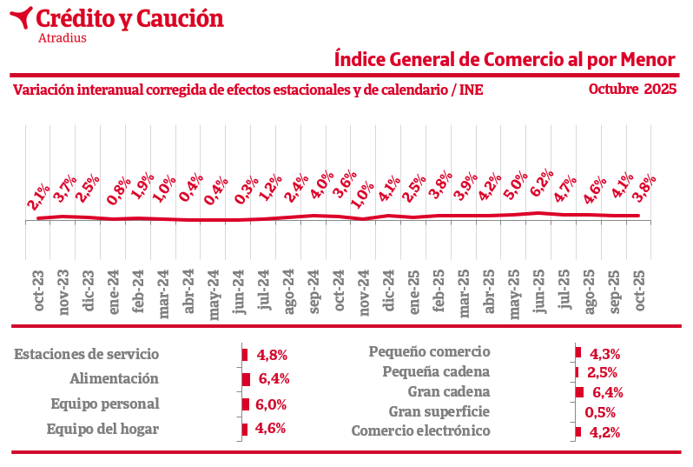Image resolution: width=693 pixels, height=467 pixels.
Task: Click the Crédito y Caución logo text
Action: coord(130,17)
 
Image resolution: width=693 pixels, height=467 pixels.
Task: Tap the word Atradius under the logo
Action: coord(63,37)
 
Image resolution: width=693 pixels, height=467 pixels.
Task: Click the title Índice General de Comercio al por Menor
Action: coord(505,59)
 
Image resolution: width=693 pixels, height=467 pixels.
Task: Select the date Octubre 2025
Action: coord(631,89)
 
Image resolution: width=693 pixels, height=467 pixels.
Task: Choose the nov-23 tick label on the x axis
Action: coord(63,296)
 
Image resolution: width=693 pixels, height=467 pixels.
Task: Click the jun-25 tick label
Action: coord(539,296)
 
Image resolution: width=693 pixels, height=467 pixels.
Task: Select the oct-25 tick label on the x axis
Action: coord(640,296)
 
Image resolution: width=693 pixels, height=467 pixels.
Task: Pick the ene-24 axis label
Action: coord(113,296)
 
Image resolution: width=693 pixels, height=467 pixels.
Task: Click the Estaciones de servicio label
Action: coord(87,354)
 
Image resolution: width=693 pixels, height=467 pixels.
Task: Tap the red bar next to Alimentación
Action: coord(247,379)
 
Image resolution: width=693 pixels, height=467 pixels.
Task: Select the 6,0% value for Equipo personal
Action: coord(271,404)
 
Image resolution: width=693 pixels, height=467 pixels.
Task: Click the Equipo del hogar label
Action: coord(102,429)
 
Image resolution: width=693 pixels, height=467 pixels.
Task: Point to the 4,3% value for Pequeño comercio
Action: coord(604,354)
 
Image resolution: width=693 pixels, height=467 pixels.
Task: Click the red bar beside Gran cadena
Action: coord(579,392)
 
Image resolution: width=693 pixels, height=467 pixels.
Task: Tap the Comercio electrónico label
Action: coord(421,430)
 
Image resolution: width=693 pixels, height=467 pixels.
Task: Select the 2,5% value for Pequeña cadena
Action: coord(602,373)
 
